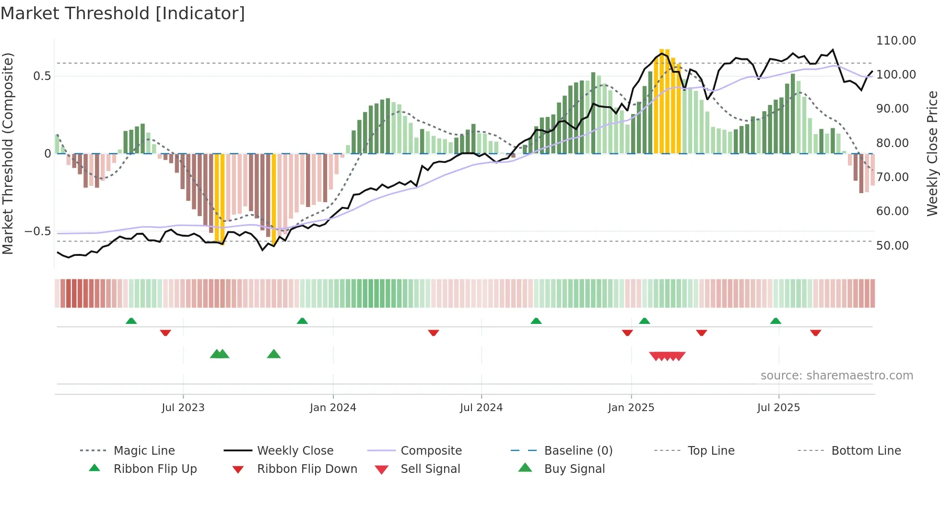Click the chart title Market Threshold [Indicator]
click(123, 13)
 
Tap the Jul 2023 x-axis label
click(183, 408)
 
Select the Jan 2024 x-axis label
click(333, 408)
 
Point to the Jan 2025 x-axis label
click(631, 408)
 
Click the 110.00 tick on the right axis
click(896, 41)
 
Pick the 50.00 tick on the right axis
click(892, 246)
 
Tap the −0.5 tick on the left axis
click(37, 231)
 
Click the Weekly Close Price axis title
click(932, 153)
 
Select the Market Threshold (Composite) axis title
click(8, 153)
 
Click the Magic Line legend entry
click(144, 451)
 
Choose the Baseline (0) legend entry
click(578, 451)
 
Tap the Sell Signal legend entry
click(430, 469)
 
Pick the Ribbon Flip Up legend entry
click(155, 469)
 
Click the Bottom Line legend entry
click(866, 451)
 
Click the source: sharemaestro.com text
click(836, 376)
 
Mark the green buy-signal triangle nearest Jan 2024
click(273, 354)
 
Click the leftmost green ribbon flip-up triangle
click(131, 321)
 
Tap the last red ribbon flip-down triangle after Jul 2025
click(815, 333)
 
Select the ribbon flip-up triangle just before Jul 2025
click(775, 321)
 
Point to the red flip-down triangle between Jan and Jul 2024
click(433, 333)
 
